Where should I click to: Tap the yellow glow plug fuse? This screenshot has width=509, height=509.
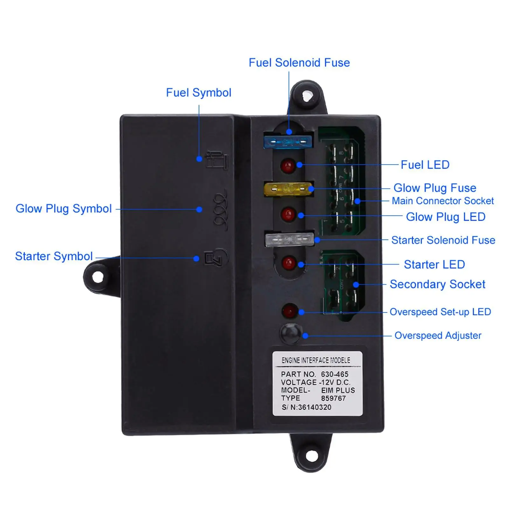(x=288, y=189)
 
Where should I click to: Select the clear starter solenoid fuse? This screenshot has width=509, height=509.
(x=289, y=239)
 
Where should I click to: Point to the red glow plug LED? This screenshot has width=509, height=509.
(x=288, y=214)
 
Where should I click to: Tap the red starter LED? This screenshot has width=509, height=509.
(x=289, y=263)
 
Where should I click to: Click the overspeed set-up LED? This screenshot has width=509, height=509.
(x=290, y=311)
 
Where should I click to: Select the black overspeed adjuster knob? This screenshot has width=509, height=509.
(x=291, y=333)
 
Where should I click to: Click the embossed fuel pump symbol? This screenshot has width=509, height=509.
(x=217, y=161)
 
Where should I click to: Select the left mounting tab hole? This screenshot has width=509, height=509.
(x=98, y=277)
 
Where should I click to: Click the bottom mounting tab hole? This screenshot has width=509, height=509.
(x=312, y=457)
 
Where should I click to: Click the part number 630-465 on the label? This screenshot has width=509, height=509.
(x=334, y=374)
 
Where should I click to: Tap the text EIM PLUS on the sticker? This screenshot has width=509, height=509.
(x=338, y=390)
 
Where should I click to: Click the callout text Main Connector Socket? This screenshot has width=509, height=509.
(x=443, y=201)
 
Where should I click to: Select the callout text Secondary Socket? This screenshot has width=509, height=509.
(x=437, y=284)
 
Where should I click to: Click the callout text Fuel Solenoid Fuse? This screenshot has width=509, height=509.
(x=299, y=63)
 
